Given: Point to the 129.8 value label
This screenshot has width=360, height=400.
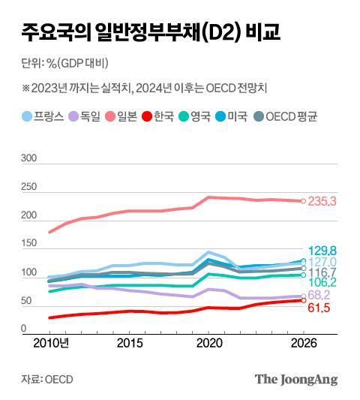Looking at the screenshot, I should [x=323, y=250].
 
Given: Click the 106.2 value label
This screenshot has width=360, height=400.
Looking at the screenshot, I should [x=323, y=282].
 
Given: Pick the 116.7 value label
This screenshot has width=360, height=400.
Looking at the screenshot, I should [x=323, y=272].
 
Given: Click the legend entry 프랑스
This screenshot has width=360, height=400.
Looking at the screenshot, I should [x=43, y=116].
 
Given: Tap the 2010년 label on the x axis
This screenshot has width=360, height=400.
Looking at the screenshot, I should [x=52, y=343].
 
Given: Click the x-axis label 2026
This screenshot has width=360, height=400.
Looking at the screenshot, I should [x=302, y=343].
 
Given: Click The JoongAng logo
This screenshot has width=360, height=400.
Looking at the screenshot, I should [x=296, y=379].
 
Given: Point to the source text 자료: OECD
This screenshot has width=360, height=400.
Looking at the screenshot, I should [x=47, y=379].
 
